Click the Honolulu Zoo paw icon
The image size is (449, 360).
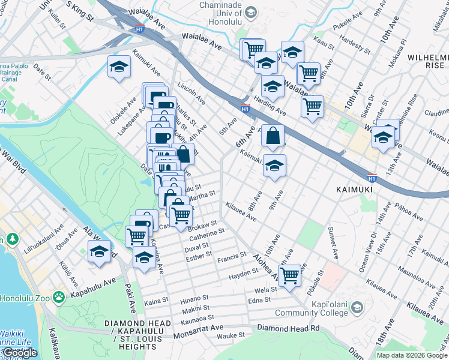[58, 297]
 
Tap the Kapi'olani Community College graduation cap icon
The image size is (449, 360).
[357, 308]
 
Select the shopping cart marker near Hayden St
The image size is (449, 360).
[289, 275]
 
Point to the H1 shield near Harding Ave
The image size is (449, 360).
[245, 109]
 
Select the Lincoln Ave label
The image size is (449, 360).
[191, 92]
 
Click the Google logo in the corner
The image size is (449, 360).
[20, 352]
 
